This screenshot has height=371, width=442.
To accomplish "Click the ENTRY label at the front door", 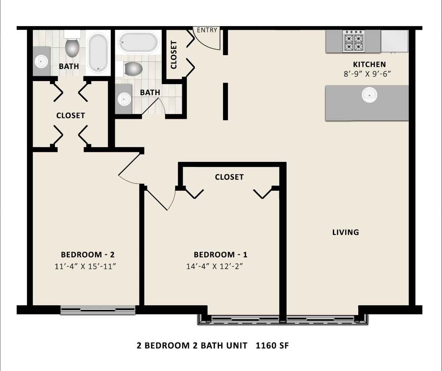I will [x=207, y=30].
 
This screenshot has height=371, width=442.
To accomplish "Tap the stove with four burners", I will [x=353, y=42].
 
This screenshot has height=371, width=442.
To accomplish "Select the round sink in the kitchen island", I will [x=369, y=95].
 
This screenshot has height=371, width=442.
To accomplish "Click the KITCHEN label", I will [x=369, y=64].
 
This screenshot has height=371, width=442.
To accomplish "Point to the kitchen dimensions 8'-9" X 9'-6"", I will [x=368, y=74].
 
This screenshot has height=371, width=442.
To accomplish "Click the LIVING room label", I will [x=346, y=232].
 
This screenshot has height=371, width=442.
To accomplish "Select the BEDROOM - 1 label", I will [x=220, y=255].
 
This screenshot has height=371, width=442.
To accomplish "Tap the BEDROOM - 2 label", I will [x=88, y=255].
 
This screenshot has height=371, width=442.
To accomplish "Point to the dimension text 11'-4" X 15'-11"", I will [x=85, y=266].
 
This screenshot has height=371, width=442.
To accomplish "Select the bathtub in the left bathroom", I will [x=98, y=53].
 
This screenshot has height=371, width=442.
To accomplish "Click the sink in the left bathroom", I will [x=41, y=62].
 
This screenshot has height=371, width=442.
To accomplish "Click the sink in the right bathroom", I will [x=124, y=99].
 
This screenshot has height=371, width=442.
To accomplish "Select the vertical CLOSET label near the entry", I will [x=174, y=55].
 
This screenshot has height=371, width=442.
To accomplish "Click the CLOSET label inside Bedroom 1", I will [x=229, y=177].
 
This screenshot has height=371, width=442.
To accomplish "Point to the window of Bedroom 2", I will [x=98, y=310].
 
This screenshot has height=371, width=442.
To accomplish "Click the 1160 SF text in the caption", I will [x=272, y=346].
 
